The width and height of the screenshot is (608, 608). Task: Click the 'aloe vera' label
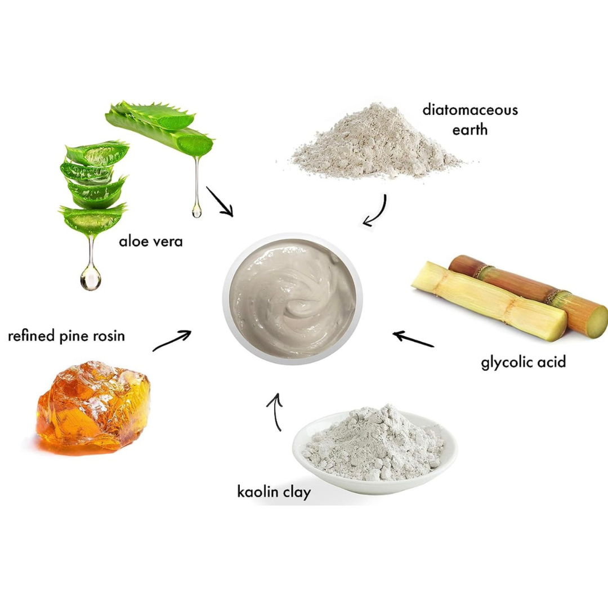pyautogui.click(x=150, y=242)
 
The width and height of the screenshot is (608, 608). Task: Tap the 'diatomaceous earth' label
pyautogui.click(x=470, y=119)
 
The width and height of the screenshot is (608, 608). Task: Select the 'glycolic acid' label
pyautogui.click(x=524, y=362)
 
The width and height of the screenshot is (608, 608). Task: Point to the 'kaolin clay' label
pyautogui.click(x=274, y=492)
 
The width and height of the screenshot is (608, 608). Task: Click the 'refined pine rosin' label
pyautogui.click(x=66, y=336)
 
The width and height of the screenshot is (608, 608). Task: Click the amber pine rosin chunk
pyautogui.click(x=93, y=407)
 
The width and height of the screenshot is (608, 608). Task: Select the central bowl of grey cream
pyautogui.click(x=293, y=298)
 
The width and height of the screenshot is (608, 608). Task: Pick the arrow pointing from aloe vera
pyautogui.click(x=220, y=202)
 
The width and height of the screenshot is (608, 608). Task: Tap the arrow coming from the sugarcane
pyautogui.click(x=413, y=339)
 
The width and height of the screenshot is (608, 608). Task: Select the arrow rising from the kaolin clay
pyautogui.click(x=276, y=412)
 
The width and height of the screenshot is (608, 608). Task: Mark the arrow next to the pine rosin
pyautogui.click(x=172, y=341)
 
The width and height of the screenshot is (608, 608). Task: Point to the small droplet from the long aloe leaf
pyautogui.click(x=196, y=211)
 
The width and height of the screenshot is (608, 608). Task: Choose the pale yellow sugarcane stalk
pyautogui.click(x=489, y=301)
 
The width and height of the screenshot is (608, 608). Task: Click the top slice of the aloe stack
pyautogui.click(x=97, y=153)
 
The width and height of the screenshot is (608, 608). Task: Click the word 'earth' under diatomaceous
pyautogui.click(x=470, y=129)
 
